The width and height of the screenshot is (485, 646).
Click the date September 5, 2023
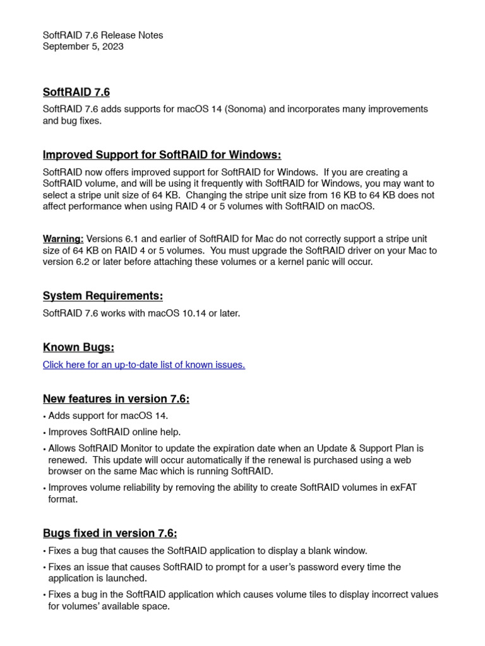tap(83, 47)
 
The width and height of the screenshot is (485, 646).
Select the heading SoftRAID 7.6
tap(76, 92)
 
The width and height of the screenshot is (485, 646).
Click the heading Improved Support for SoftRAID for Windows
tap(162, 155)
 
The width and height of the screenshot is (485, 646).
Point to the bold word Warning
tap(63, 239)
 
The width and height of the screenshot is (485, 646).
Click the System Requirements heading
tap(102, 296)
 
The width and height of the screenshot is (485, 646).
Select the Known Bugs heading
tap(78, 348)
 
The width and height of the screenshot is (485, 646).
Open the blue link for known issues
tap(143, 365)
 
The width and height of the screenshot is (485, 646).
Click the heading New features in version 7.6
tap(116, 399)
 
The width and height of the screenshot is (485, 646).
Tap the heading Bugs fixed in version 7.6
tap(114, 533)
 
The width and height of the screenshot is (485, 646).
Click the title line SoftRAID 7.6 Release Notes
tap(102, 35)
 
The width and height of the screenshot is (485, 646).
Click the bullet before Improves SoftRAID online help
tap(45, 433)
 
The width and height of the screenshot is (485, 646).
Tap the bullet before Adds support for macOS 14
tap(45, 416)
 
